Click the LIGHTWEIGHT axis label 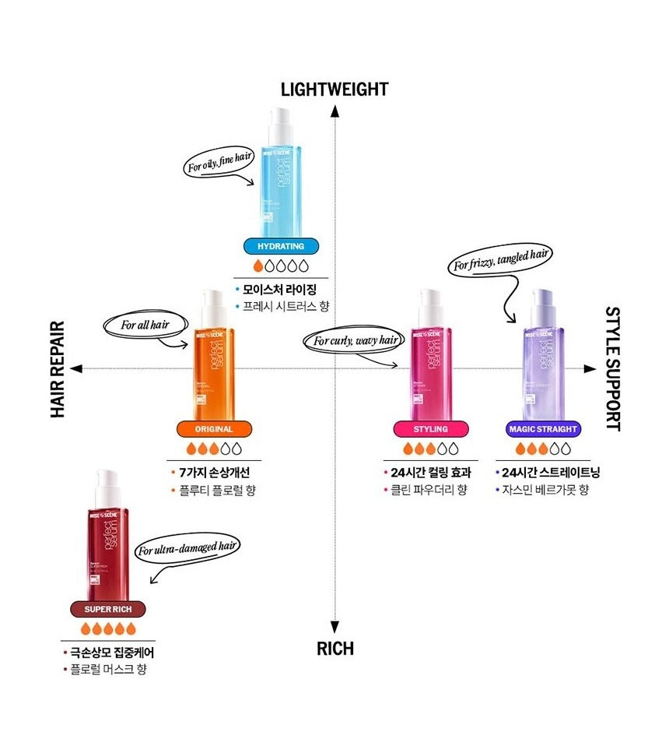point(334,89)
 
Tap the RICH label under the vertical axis point(334,648)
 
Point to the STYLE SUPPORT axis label point(612,369)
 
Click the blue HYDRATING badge point(280,247)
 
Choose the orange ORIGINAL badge point(213,429)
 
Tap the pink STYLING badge point(431,429)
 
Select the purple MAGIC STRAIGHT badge point(542,429)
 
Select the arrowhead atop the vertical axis point(334,111)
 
